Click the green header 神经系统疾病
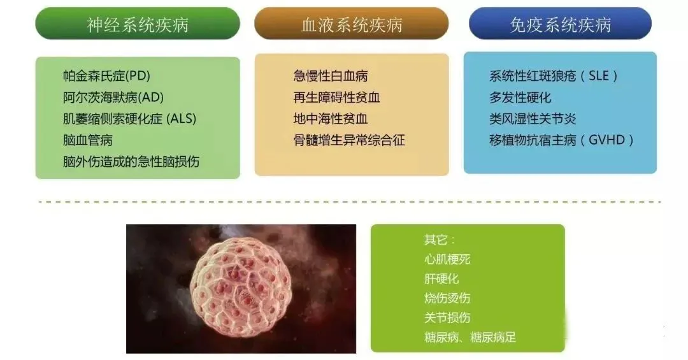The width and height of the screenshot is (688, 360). point(138,24)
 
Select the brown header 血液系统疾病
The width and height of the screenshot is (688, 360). point(351,24)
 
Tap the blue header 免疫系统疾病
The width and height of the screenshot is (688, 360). point(560,24)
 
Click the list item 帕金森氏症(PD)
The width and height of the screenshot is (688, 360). point(106,76)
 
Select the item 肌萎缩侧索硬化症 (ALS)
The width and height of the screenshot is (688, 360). point(129,119)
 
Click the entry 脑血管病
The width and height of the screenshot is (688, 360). point(88,140)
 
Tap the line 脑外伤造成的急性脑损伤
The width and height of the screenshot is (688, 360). point(131,161)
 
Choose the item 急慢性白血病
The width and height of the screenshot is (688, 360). point(331,76)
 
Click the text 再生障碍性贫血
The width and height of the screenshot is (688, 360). point(337,97)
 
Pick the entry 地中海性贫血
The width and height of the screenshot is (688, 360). point(331,119)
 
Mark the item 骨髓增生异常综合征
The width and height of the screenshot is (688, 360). point(349,140)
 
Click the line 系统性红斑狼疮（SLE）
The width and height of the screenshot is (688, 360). point(554,76)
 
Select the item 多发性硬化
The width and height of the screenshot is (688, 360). point(520,97)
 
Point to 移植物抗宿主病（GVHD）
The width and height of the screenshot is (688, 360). point(561,140)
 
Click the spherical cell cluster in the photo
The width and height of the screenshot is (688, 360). point(240,288)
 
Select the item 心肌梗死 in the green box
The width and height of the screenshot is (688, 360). point(447,259)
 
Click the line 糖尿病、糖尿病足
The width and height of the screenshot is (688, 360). point(470,337)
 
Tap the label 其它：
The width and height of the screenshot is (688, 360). point(440,240)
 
